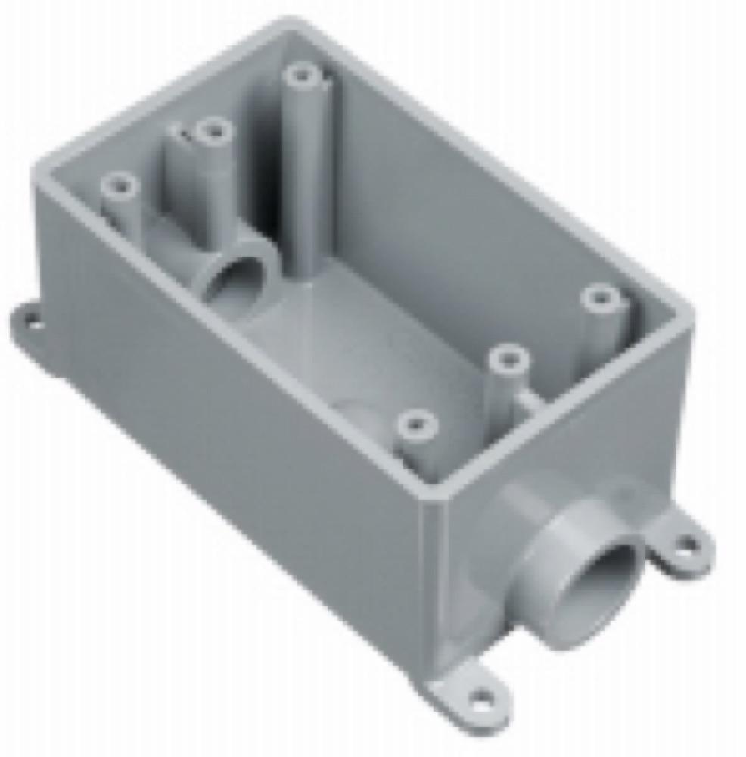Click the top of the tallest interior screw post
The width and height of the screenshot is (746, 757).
pos(302,76)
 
